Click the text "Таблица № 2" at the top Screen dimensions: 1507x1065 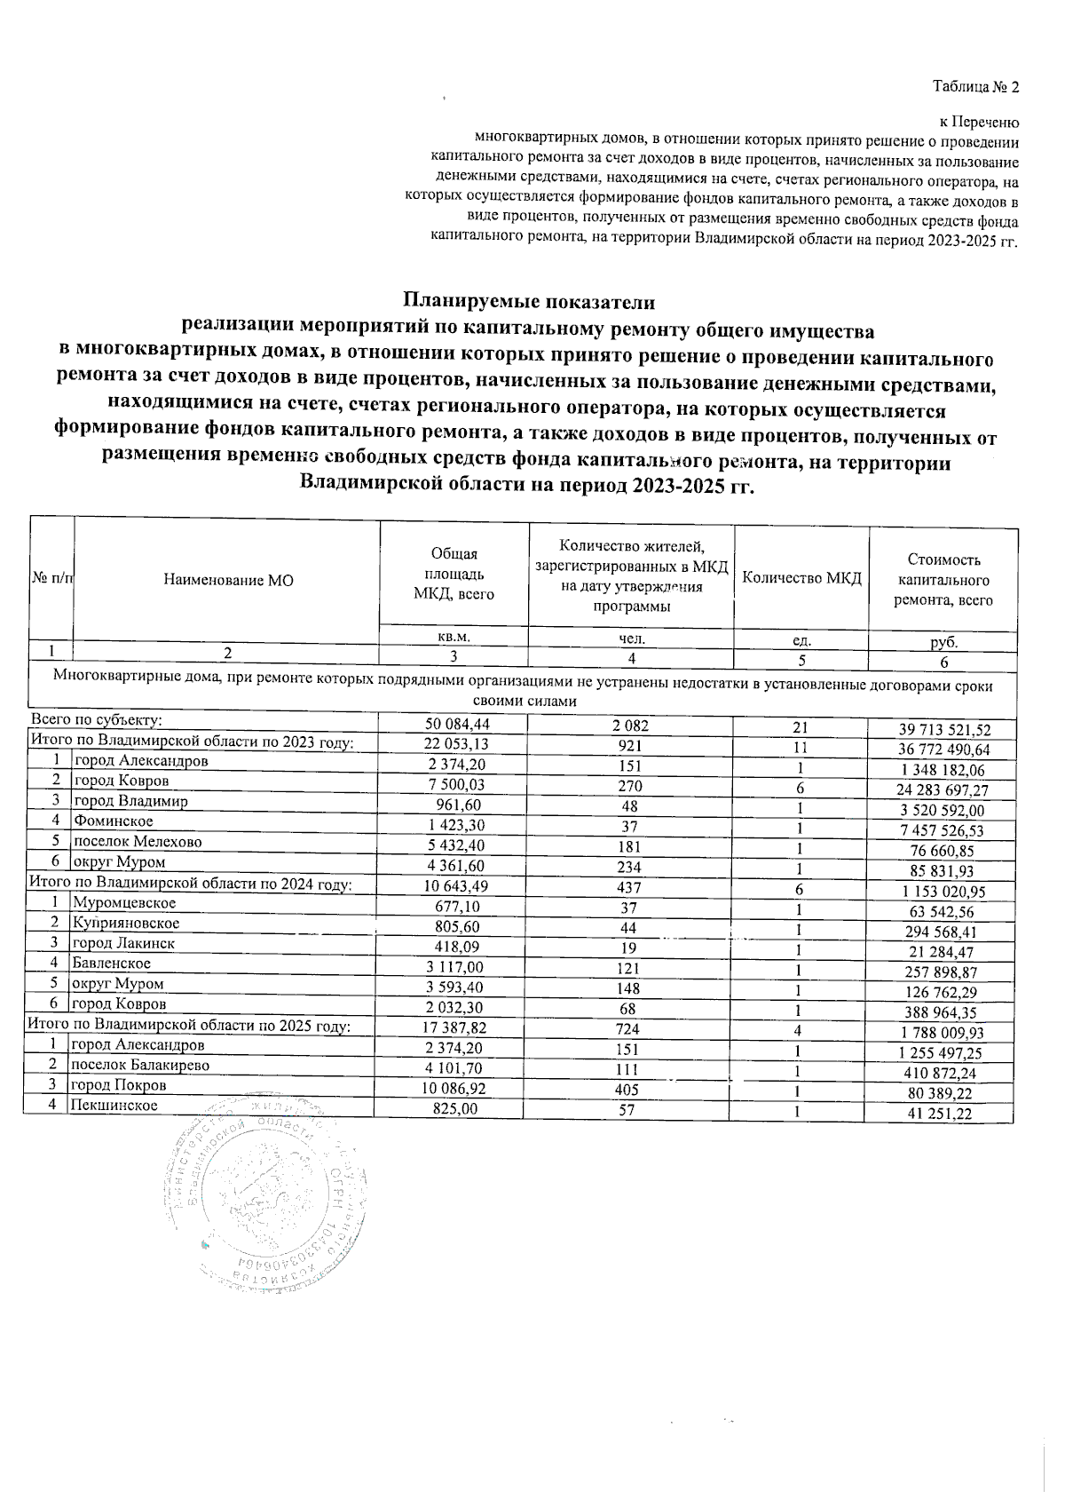(x=975, y=87)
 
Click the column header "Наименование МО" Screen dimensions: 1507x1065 (x=228, y=580)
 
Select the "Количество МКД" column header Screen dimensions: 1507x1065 (x=801, y=579)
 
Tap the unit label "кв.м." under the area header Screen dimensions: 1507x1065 (x=454, y=637)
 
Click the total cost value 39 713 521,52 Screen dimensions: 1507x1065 (x=944, y=730)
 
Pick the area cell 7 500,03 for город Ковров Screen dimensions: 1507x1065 (x=456, y=785)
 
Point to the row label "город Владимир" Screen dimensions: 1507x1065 (x=131, y=801)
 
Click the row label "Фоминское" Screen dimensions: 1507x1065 (x=114, y=821)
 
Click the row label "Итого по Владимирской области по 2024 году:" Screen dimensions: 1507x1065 (x=191, y=884)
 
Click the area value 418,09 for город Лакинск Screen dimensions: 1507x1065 (x=455, y=948)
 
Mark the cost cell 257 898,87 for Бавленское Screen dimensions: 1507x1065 (x=948, y=972)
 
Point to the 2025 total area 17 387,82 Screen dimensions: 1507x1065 (x=455, y=1029)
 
